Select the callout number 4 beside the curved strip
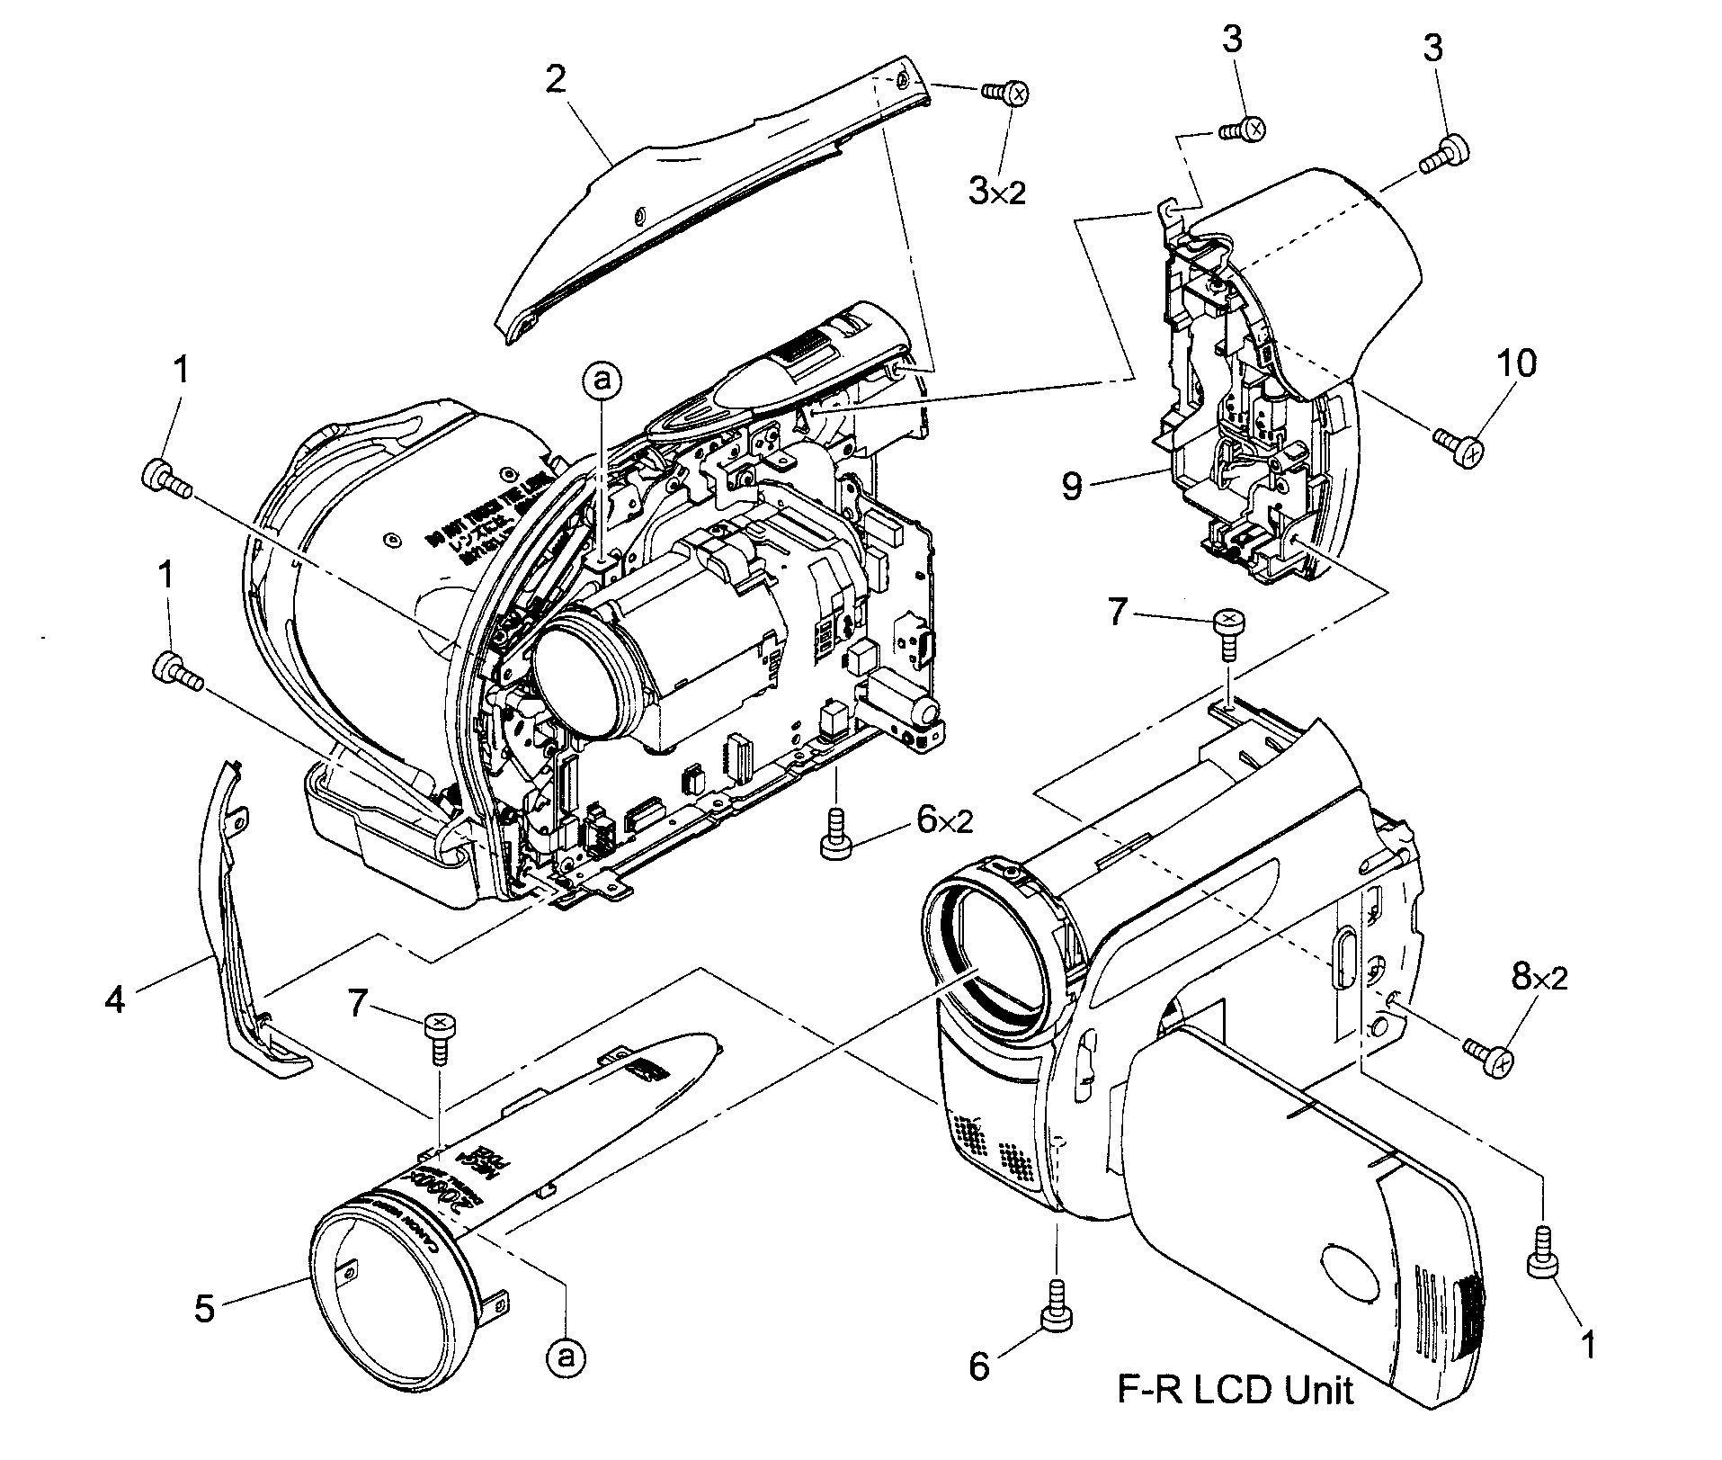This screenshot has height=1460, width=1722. pyautogui.click(x=114, y=999)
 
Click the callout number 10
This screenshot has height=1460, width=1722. pyautogui.click(x=1517, y=364)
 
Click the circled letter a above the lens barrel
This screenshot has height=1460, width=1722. pyautogui.click(x=602, y=381)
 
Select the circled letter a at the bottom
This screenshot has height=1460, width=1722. pyautogui.click(x=565, y=1380)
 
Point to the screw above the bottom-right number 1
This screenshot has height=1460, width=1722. pyautogui.click(x=1544, y=1255)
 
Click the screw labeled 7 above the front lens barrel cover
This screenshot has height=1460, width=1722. pyautogui.click(x=439, y=1036)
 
